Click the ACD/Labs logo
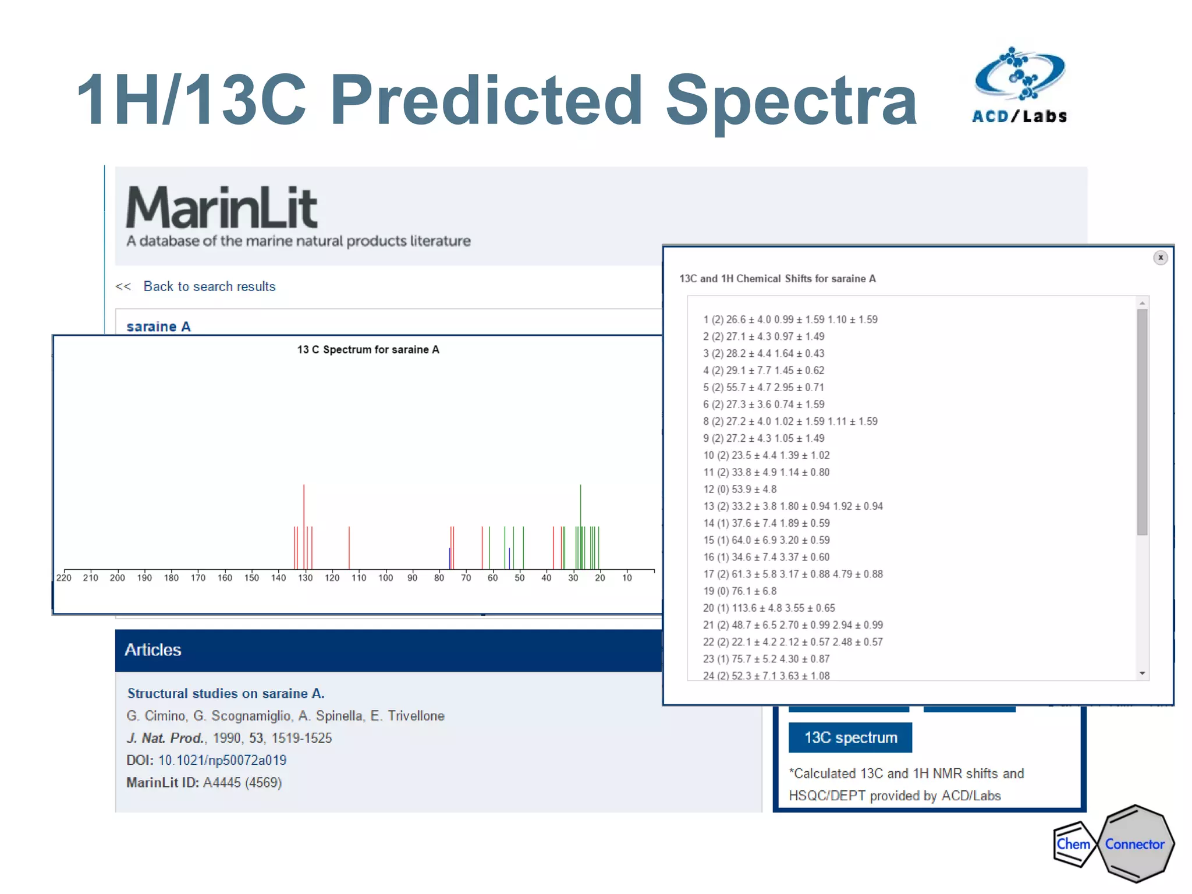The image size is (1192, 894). click(1020, 86)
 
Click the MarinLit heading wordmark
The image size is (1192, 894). click(222, 208)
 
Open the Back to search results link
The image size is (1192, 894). click(209, 286)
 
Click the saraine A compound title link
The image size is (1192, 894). click(158, 327)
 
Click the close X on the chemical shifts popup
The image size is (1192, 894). click(1160, 258)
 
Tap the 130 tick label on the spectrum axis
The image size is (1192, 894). click(306, 578)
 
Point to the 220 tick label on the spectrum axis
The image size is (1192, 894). click(64, 578)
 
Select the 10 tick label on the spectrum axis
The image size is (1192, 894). click(627, 578)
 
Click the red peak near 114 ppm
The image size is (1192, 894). click(349, 547)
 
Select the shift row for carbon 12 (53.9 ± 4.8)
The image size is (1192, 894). click(740, 489)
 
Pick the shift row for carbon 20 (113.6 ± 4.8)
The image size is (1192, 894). click(768, 608)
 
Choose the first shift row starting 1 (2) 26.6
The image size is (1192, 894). click(790, 320)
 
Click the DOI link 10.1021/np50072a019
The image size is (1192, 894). click(222, 760)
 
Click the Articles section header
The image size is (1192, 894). click(154, 650)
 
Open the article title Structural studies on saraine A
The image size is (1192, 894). click(226, 694)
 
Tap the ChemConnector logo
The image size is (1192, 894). click(1113, 844)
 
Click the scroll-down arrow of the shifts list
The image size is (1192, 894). click(1142, 673)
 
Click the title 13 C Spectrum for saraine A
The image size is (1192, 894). click(368, 350)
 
